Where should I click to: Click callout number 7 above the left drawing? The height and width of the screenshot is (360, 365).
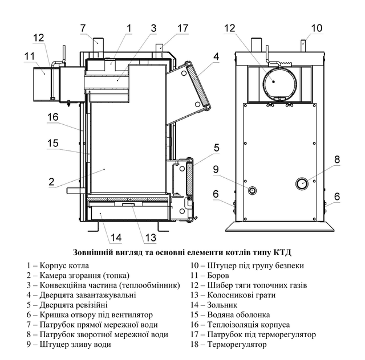point(83,28)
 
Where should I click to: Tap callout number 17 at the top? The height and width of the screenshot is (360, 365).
point(182,28)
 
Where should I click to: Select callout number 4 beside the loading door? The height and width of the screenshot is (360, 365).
point(217,56)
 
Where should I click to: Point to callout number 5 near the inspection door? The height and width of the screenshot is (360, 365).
point(217,148)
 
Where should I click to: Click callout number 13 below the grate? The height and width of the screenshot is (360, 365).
point(151,238)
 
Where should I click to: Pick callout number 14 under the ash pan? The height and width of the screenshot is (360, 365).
point(116,238)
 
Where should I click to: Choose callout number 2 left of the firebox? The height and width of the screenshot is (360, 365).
point(51,181)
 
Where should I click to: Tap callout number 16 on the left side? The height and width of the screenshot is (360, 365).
point(53,117)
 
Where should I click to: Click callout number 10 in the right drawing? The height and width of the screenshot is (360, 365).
point(317,28)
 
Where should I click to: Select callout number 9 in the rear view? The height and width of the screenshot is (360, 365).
point(216,169)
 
